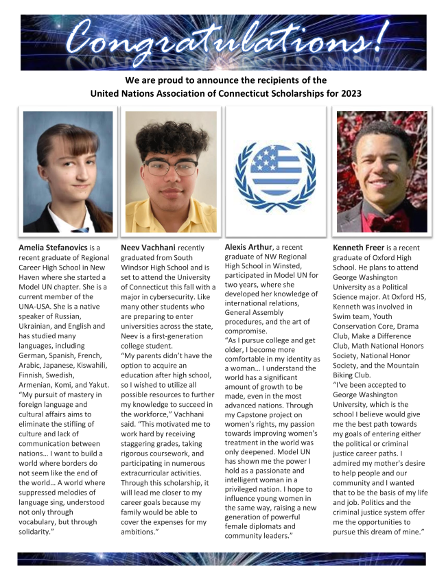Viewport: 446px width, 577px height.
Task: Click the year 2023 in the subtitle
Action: pos(349,93)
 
